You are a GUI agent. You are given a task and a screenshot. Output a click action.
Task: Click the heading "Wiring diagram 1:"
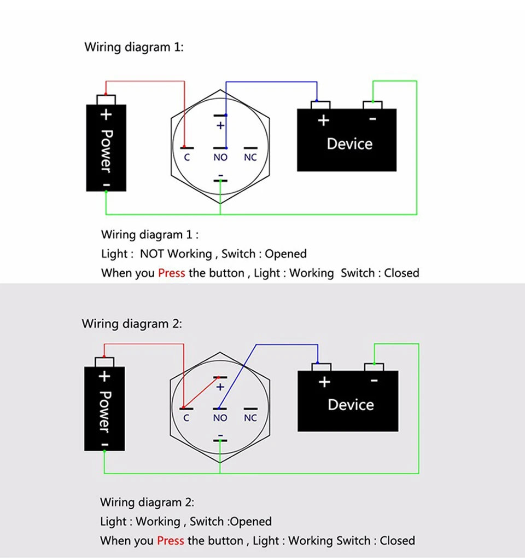134,47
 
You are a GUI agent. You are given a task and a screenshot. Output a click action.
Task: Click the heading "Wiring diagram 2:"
131,324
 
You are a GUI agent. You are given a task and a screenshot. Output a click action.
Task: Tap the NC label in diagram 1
250,158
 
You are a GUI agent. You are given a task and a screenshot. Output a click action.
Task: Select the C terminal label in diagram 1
187,158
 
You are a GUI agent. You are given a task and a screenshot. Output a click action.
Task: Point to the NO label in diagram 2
220,418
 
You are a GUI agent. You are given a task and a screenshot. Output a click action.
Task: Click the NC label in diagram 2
250,418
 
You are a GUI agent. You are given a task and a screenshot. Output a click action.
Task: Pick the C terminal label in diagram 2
186,418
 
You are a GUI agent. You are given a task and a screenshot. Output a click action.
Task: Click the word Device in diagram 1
349,144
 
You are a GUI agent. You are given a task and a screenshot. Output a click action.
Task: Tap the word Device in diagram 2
351,405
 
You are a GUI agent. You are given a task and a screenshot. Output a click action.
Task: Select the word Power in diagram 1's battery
106,150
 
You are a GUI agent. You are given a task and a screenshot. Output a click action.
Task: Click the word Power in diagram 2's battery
104,411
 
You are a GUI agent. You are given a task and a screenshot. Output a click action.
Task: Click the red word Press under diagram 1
172,273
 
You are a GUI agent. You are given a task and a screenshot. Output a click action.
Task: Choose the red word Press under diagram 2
171,540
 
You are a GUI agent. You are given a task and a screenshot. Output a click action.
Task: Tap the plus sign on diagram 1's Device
323,120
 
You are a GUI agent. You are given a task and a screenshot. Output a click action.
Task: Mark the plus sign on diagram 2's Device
324,382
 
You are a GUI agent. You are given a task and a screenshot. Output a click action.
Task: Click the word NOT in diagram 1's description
152,254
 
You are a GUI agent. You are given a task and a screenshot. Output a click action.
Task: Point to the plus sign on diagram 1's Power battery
106,115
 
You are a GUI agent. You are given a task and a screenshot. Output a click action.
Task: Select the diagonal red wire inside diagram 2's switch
202,392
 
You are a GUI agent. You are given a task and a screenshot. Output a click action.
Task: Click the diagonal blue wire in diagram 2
238,376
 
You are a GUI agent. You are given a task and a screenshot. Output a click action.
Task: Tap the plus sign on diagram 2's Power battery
104,376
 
